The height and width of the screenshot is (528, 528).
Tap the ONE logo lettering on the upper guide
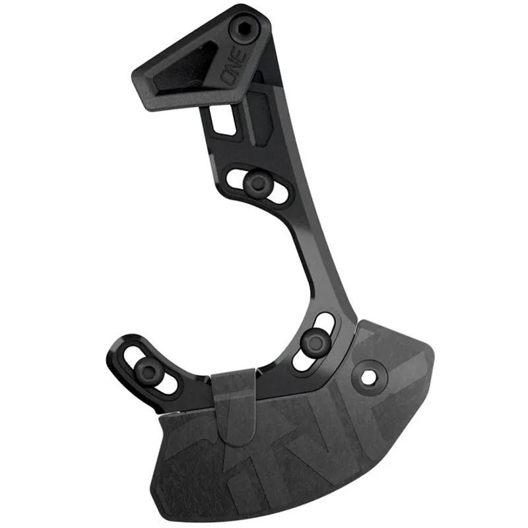236,67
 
